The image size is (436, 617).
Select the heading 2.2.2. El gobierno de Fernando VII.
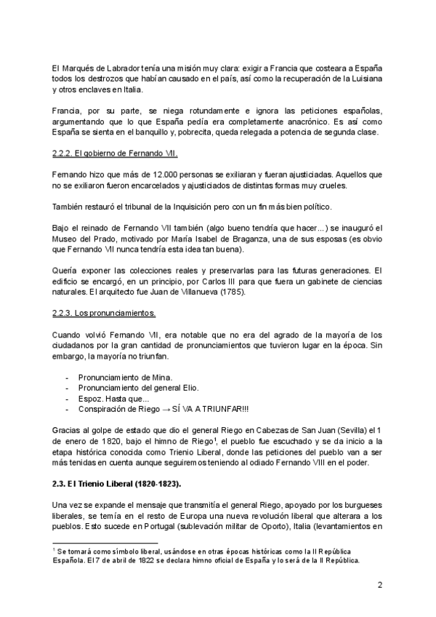(116, 154)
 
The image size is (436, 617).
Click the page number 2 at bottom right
(379, 584)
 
